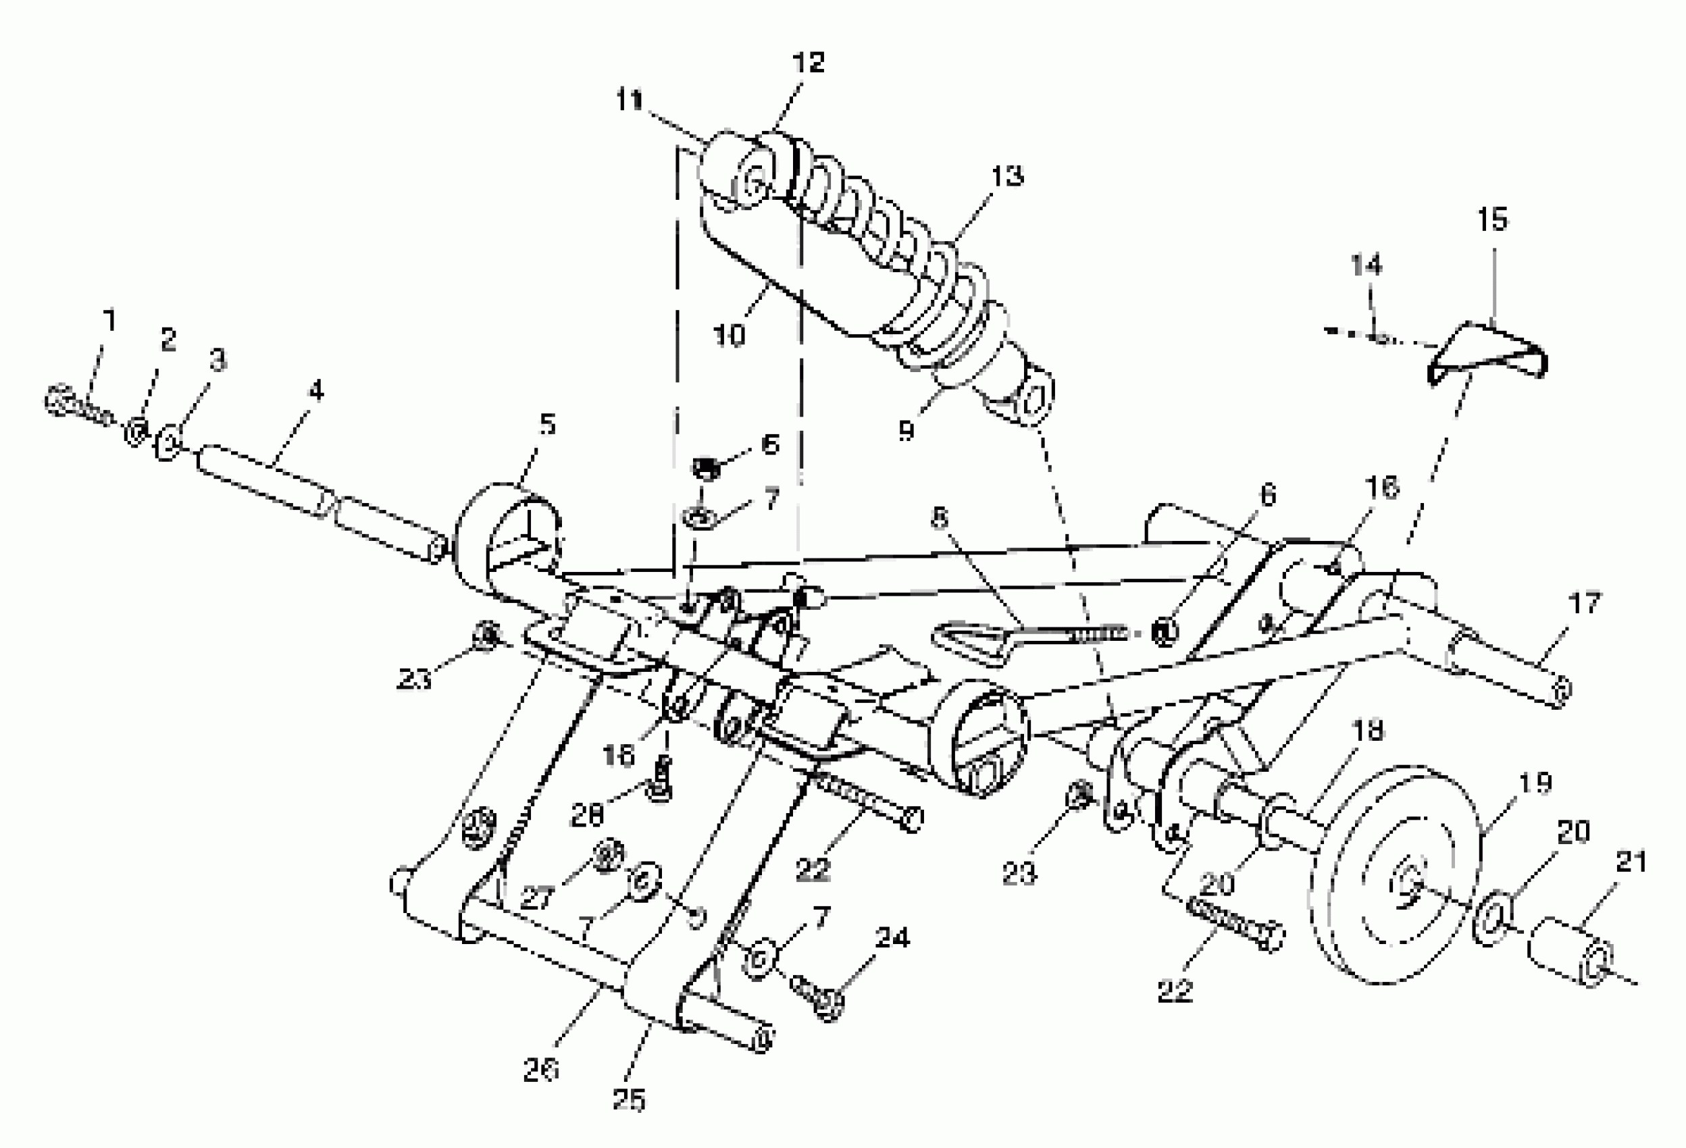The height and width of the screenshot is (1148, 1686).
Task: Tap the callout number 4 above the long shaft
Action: (x=315, y=391)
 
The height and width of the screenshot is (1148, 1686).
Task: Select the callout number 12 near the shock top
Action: (x=809, y=62)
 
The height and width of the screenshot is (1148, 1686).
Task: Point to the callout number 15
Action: (x=1492, y=219)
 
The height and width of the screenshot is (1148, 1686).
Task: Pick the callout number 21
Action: (x=1631, y=862)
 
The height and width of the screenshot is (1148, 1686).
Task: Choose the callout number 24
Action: (x=892, y=938)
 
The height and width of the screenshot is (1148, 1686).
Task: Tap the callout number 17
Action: (x=1585, y=602)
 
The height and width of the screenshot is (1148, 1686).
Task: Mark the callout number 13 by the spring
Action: (x=1007, y=176)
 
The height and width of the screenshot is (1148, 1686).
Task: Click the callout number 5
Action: (x=547, y=424)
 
